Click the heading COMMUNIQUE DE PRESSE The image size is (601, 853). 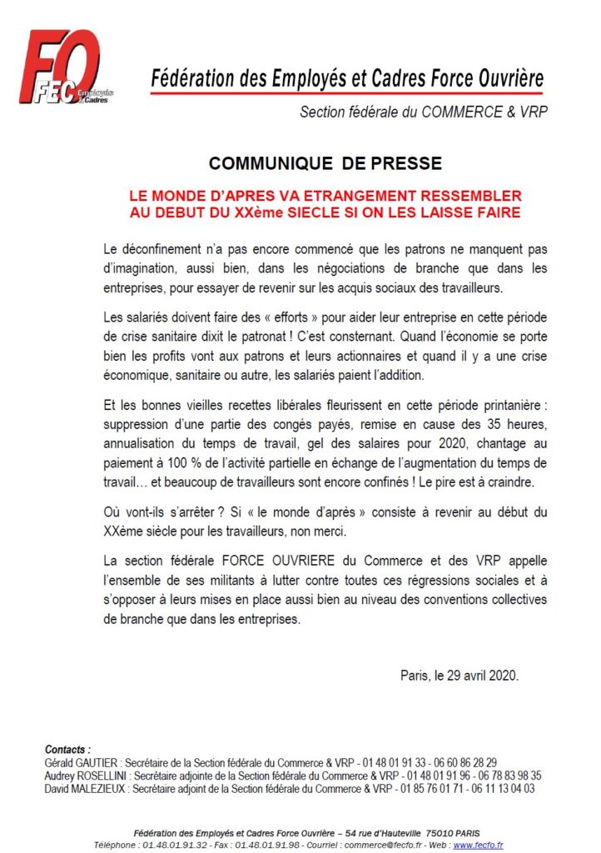tap(325, 162)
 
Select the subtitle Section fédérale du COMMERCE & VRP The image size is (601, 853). tap(424, 111)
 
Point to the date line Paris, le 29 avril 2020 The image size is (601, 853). tap(459, 675)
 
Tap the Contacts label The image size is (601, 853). tap(67, 749)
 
